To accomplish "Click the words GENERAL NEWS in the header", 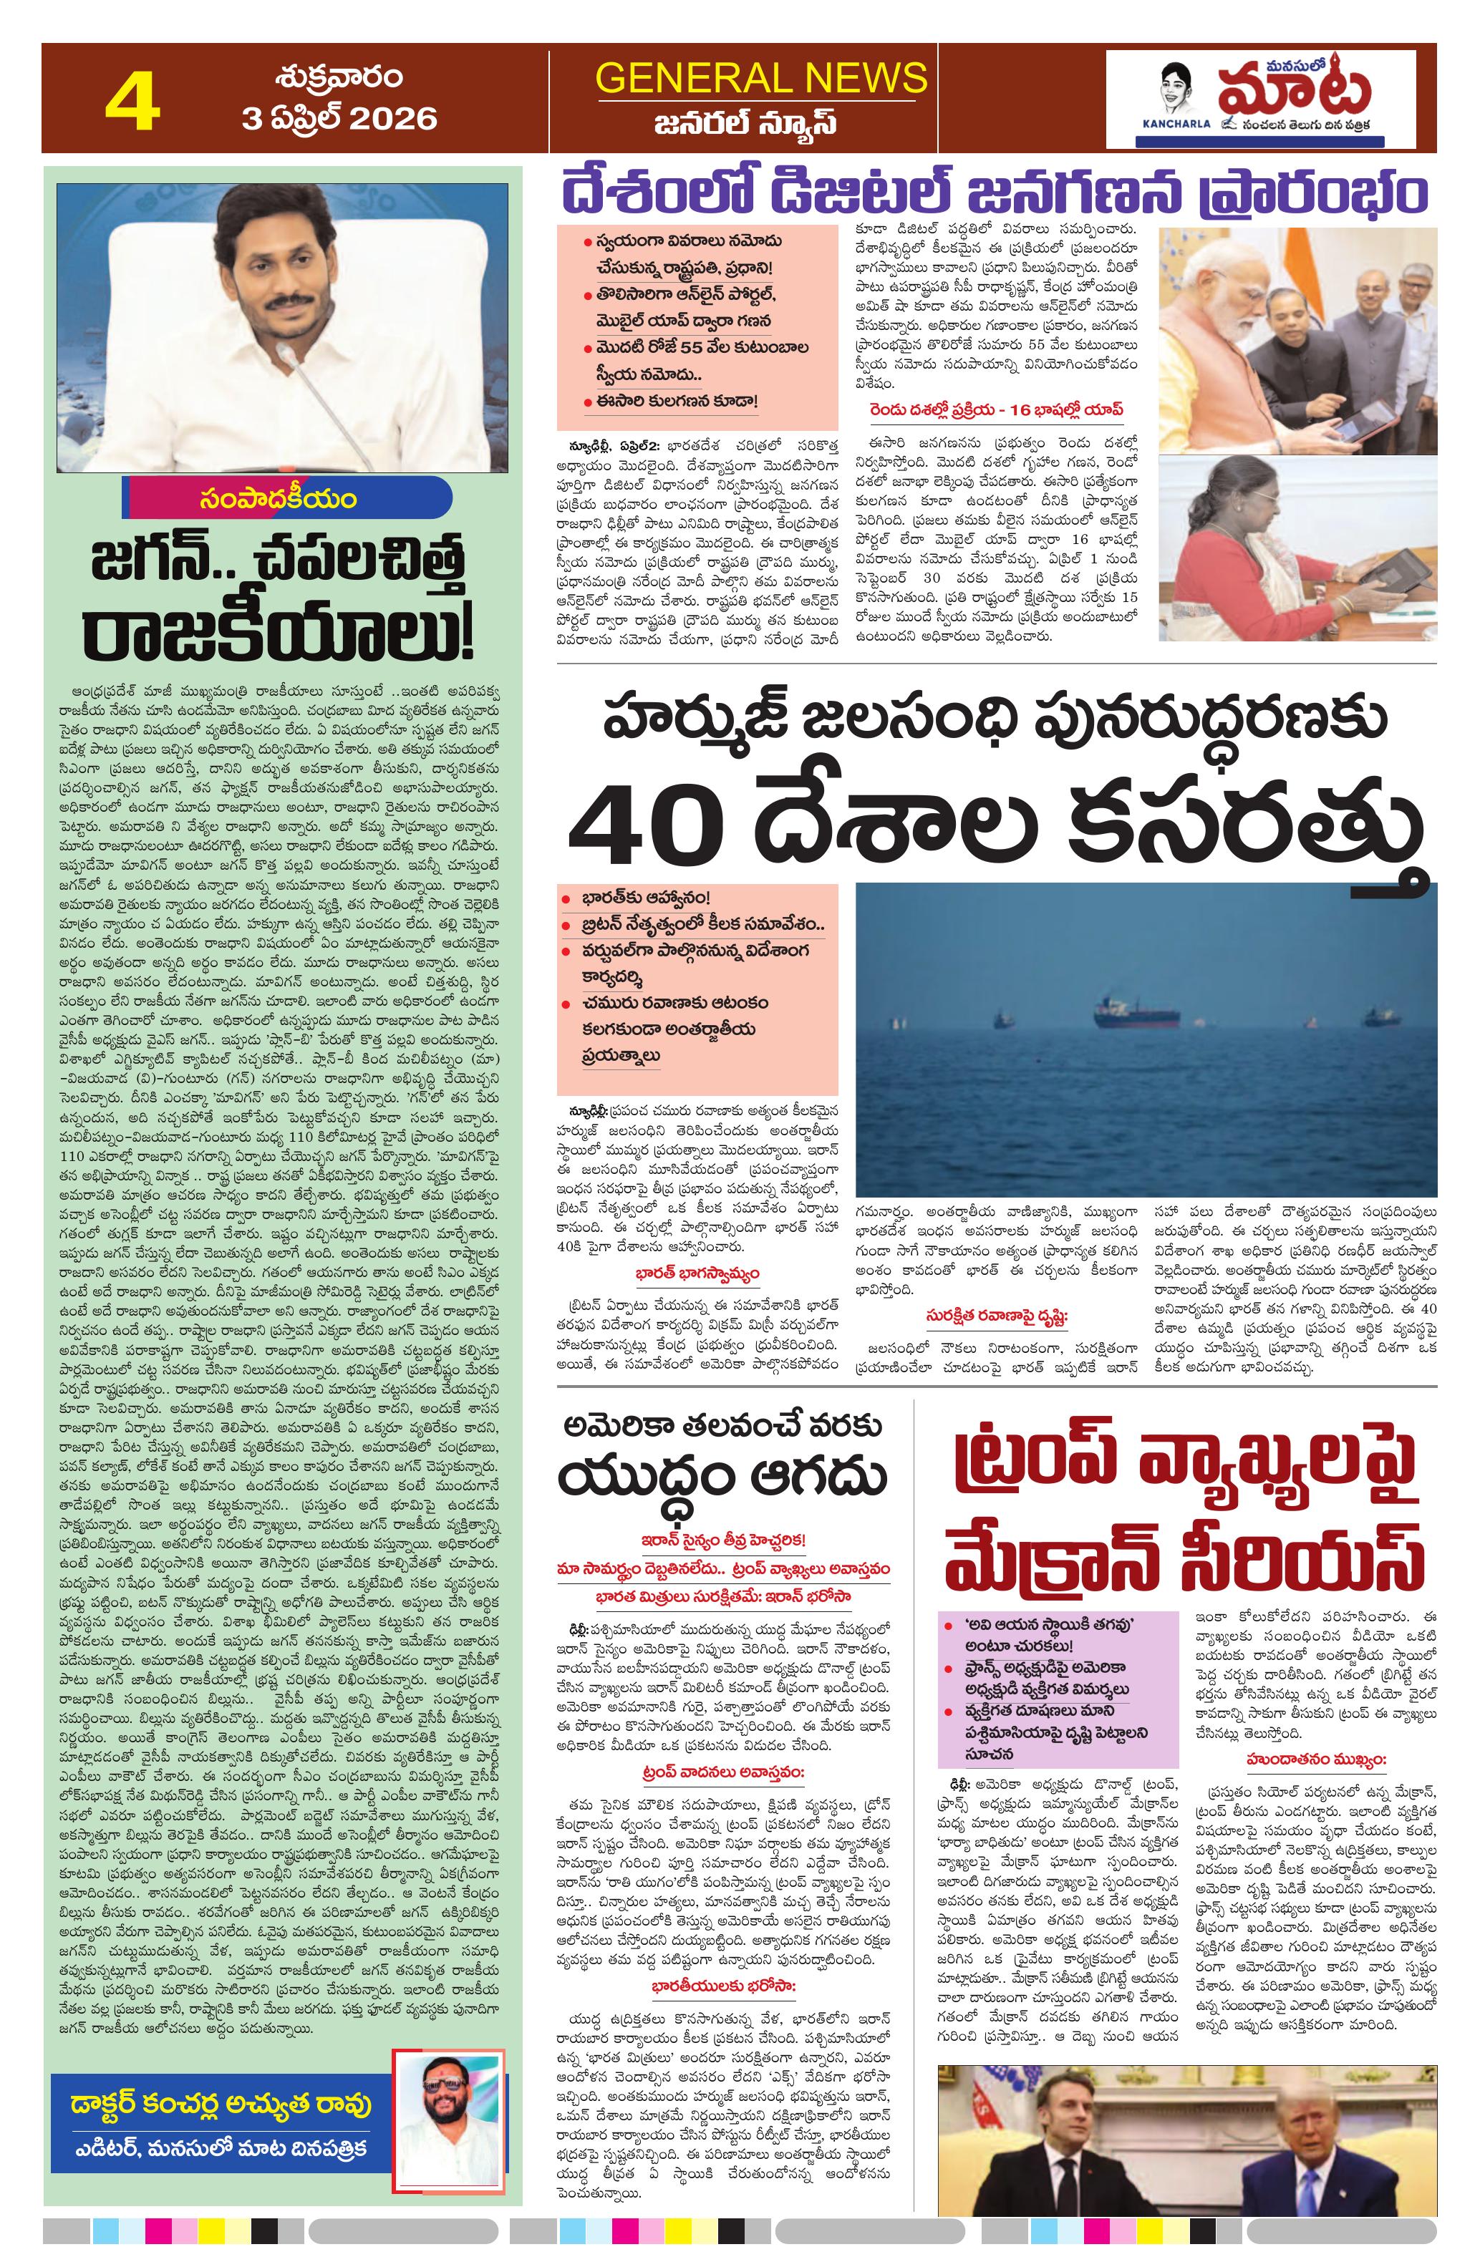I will [760, 77].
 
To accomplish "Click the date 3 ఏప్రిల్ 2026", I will [339, 119].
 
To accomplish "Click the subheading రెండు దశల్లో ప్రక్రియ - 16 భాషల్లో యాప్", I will [995, 409].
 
